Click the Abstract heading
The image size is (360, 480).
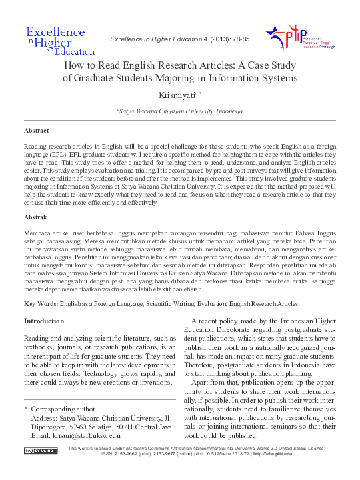36,131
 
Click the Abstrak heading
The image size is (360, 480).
35,217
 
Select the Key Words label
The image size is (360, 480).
39,304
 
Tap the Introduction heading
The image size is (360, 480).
43,321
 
